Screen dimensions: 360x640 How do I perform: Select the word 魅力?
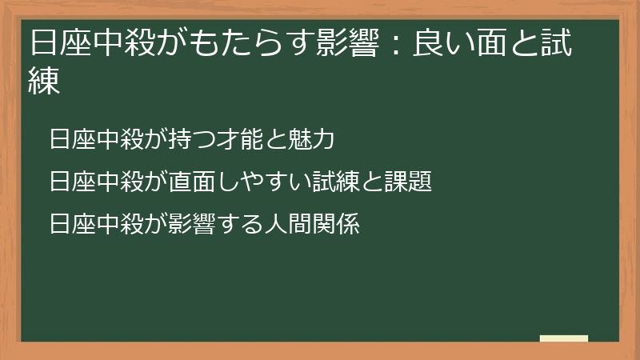(x=311, y=139)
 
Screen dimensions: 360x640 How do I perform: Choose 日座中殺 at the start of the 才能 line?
(x=97, y=139)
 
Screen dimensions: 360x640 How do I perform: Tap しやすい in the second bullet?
(x=263, y=182)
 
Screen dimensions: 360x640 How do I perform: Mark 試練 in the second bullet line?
(x=337, y=182)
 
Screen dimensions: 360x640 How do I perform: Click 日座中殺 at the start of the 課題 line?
(x=97, y=182)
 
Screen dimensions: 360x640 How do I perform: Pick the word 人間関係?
(x=313, y=224)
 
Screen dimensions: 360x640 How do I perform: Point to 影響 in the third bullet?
(x=193, y=224)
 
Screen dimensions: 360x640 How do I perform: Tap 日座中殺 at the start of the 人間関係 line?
(x=97, y=224)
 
